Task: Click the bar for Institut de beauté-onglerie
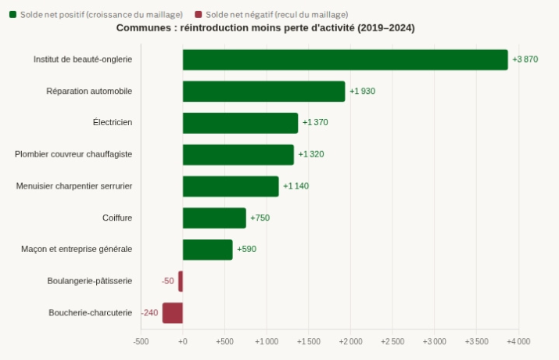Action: tap(345, 59)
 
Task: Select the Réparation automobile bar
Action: tap(263, 92)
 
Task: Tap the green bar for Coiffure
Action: tap(214, 218)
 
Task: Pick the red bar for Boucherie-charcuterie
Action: tap(173, 313)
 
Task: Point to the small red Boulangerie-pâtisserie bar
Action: tap(181, 281)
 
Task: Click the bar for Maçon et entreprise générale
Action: tap(207, 250)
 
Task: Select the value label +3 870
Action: tap(525, 59)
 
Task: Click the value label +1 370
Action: tap(315, 122)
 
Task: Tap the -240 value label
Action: tap(150, 313)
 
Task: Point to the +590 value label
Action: tap(247, 249)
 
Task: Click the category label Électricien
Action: tap(113, 122)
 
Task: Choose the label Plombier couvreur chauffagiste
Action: tap(73, 154)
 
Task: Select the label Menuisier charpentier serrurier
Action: tap(74, 186)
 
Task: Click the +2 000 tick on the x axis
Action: tap(350, 341)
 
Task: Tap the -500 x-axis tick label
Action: tap(141, 341)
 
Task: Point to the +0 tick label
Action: tap(183, 341)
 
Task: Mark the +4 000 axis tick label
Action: tap(518, 341)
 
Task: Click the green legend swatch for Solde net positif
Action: tap(13, 15)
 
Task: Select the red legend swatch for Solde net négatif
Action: tap(199, 15)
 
